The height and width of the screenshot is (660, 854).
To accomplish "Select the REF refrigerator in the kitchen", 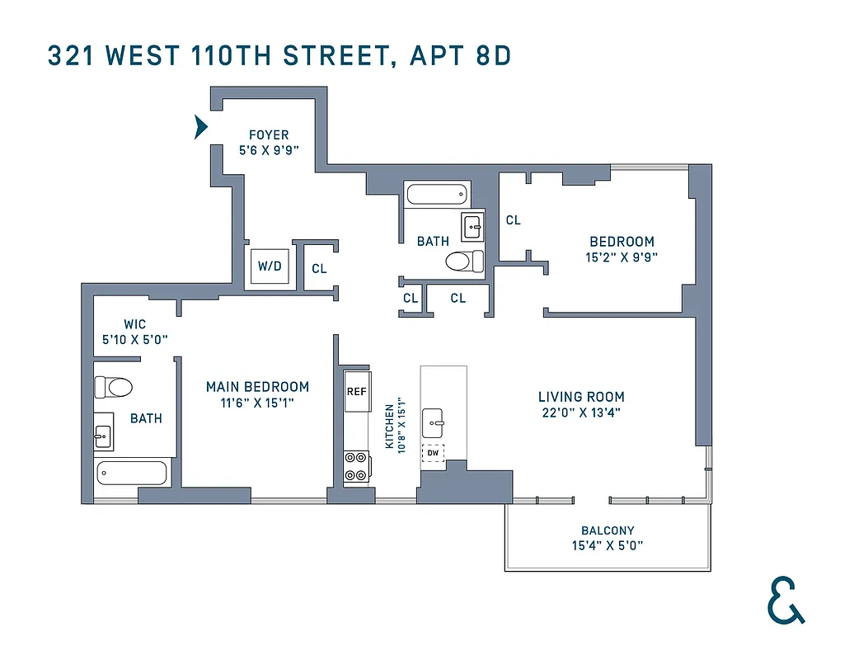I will point(356,391).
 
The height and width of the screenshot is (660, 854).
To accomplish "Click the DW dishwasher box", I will point(433,453).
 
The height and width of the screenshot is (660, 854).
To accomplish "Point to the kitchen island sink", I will point(434,422).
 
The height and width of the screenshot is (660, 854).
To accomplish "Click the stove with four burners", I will point(356,466).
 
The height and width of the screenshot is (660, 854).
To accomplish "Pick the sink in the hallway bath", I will point(473,224).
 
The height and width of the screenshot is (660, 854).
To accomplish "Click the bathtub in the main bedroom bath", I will point(132,474).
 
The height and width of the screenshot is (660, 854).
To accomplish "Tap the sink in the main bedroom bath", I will point(103,432).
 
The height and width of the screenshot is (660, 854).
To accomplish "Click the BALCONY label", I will point(608,530).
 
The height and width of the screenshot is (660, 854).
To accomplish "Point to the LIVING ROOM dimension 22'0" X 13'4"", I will point(581,412).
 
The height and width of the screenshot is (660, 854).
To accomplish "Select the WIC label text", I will point(134,324).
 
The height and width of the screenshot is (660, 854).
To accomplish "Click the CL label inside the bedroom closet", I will point(513,220).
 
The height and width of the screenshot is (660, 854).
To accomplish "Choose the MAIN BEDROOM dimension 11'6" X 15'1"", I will point(257,403).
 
